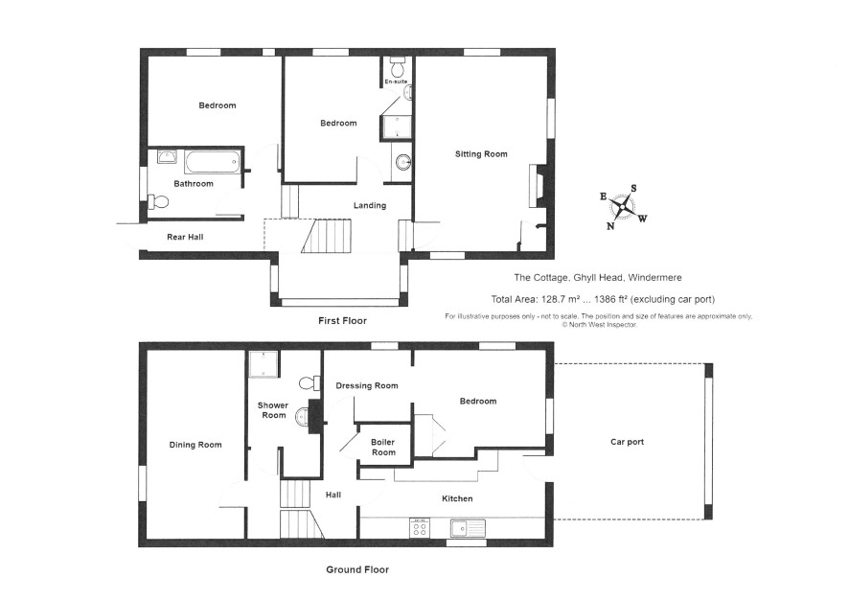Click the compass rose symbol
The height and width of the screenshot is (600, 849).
624,206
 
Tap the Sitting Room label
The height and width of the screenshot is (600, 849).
481,153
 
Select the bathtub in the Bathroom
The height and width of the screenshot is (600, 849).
212,162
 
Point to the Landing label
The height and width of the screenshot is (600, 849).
370,205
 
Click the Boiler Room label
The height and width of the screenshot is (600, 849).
383,448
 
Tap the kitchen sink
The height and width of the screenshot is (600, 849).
468,527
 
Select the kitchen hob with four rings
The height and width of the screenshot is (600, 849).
420,528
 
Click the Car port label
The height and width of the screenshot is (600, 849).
627,442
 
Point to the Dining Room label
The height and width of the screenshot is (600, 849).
195,445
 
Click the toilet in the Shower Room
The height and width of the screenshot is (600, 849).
310,382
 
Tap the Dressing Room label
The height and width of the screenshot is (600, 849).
367,385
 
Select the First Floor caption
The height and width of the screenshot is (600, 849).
342,320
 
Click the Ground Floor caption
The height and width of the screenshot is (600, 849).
357,569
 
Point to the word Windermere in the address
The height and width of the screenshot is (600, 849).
654,277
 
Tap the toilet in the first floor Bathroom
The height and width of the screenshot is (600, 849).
158,202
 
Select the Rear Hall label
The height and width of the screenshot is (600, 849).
185,237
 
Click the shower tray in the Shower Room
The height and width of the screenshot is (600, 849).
264,364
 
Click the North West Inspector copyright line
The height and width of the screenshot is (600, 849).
600,325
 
